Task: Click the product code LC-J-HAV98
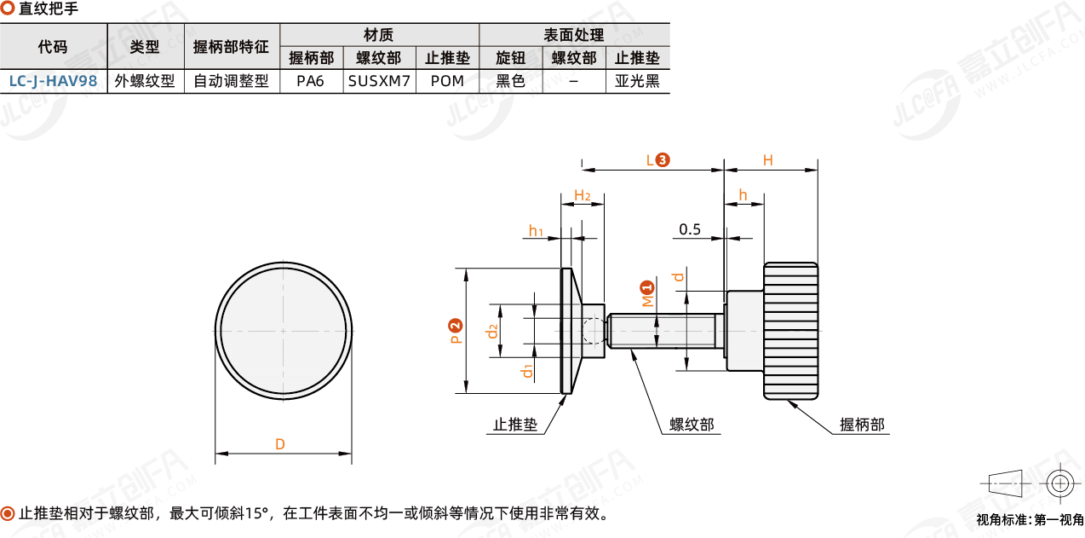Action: click(x=53, y=81)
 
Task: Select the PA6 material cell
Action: click(x=311, y=81)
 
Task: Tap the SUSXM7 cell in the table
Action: click(x=380, y=81)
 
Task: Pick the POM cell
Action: click(x=447, y=81)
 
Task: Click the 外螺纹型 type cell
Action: click(x=145, y=81)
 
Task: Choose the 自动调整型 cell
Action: click(x=231, y=81)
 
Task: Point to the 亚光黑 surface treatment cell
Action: click(x=637, y=81)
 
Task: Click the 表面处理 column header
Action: click(x=574, y=35)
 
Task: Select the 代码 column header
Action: click(x=53, y=47)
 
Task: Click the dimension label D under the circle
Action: click(x=279, y=444)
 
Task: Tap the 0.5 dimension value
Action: click(x=690, y=229)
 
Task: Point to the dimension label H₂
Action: click(x=583, y=196)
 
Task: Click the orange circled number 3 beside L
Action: click(x=663, y=159)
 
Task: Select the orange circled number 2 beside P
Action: click(x=456, y=325)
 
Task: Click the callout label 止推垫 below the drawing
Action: click(x=516, y=424)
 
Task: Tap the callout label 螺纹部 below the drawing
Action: click(x=692, y=424)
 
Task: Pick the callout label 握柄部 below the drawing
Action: click(x=862, y=424)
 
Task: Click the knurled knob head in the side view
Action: click(x=791, y=331)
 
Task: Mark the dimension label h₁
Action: click(x=537, y=231)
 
